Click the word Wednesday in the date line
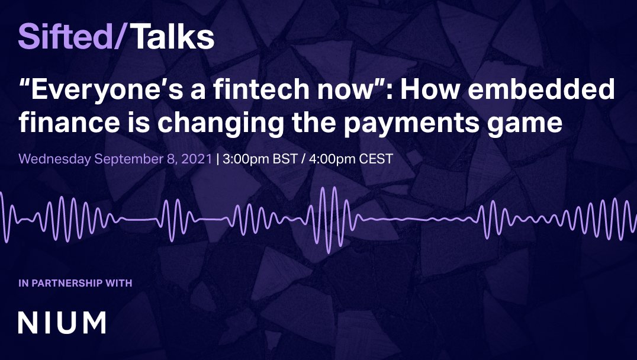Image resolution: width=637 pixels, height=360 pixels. [54, 159]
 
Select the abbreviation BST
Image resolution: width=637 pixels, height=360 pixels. [281, 159]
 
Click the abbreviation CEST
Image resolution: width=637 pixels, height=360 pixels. [371, 159]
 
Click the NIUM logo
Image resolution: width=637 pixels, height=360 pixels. [62, 323]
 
